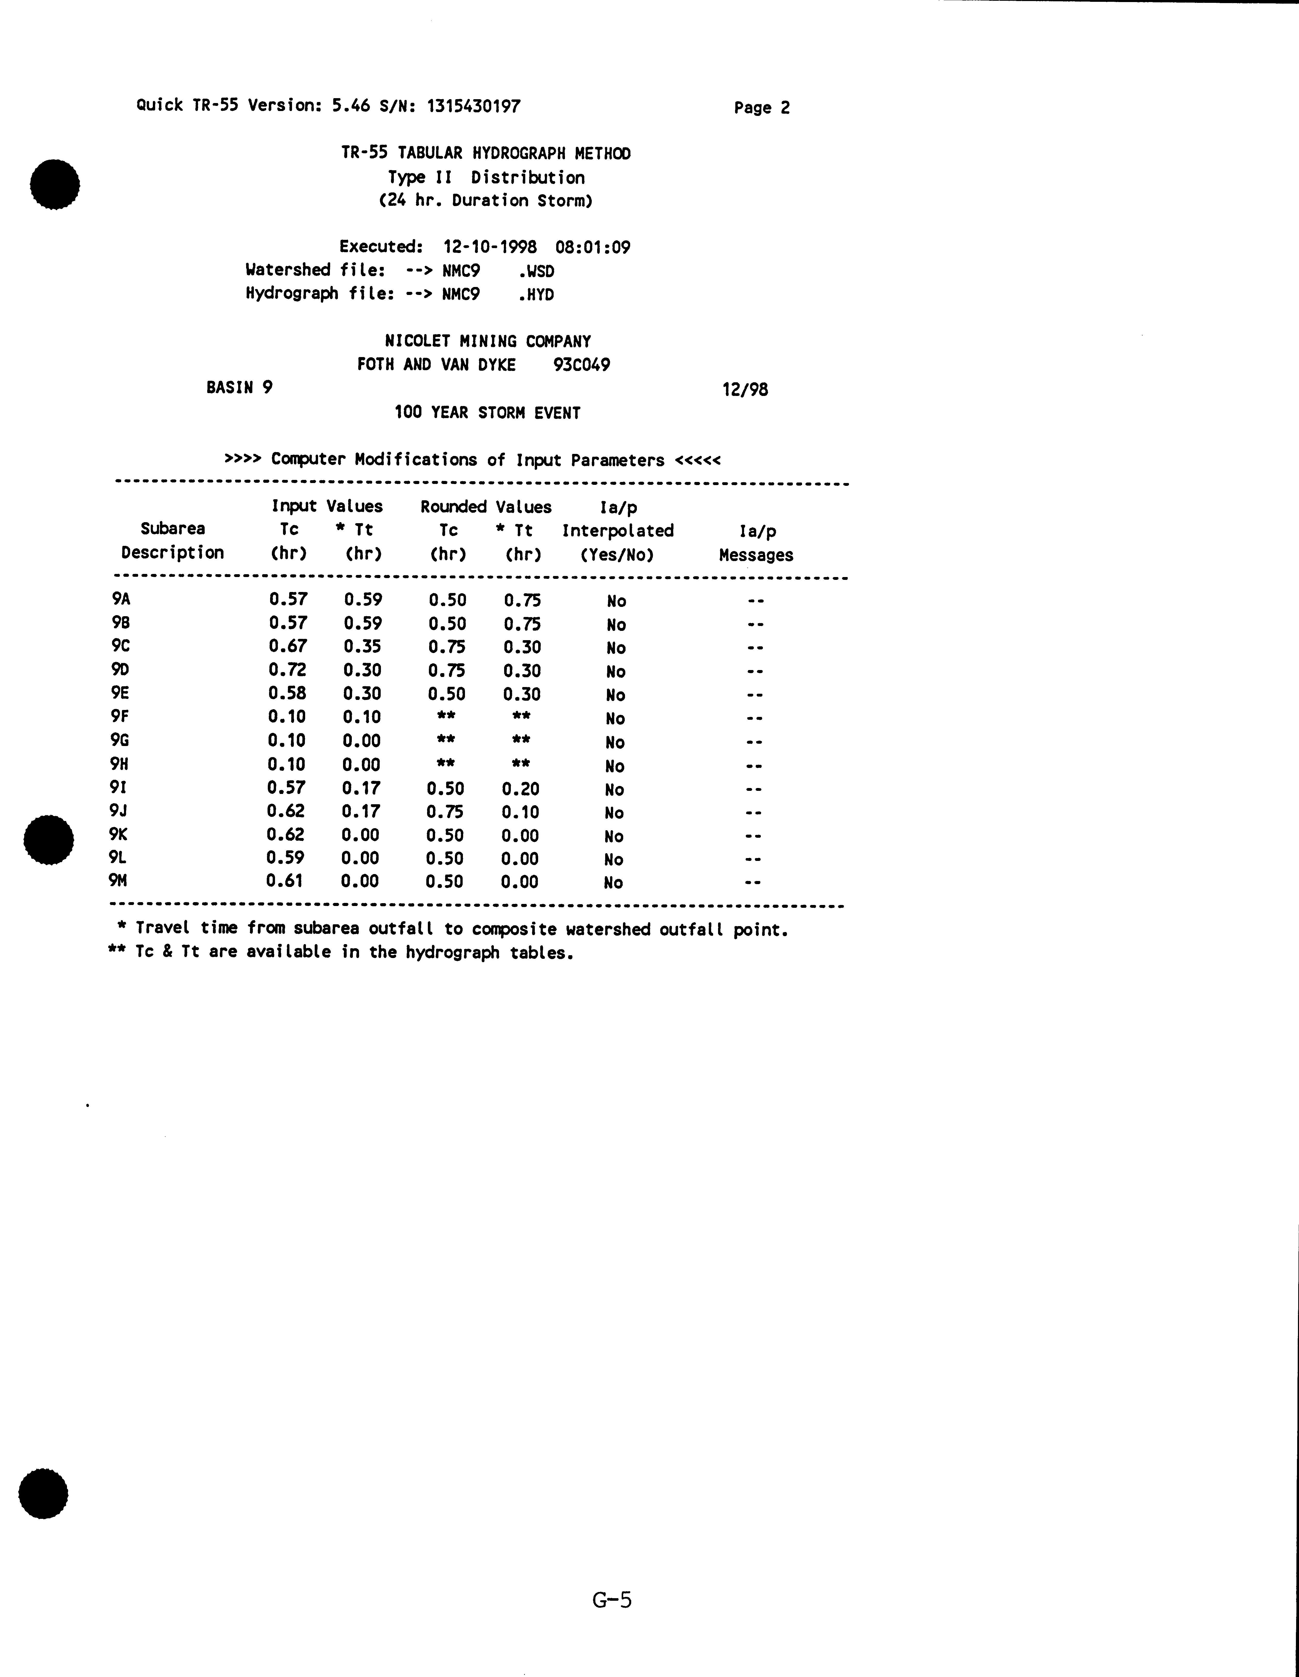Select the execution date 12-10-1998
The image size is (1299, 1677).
click(489, 247)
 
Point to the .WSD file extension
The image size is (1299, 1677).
click(536, 271)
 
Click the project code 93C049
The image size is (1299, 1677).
click(581, 365)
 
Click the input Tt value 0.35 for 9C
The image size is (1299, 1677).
click(362, 647)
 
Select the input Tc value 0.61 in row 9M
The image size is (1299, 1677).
click(284, 881)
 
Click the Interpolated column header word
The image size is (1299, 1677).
click(618, 531)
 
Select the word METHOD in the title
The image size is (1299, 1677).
click(602, 154)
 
